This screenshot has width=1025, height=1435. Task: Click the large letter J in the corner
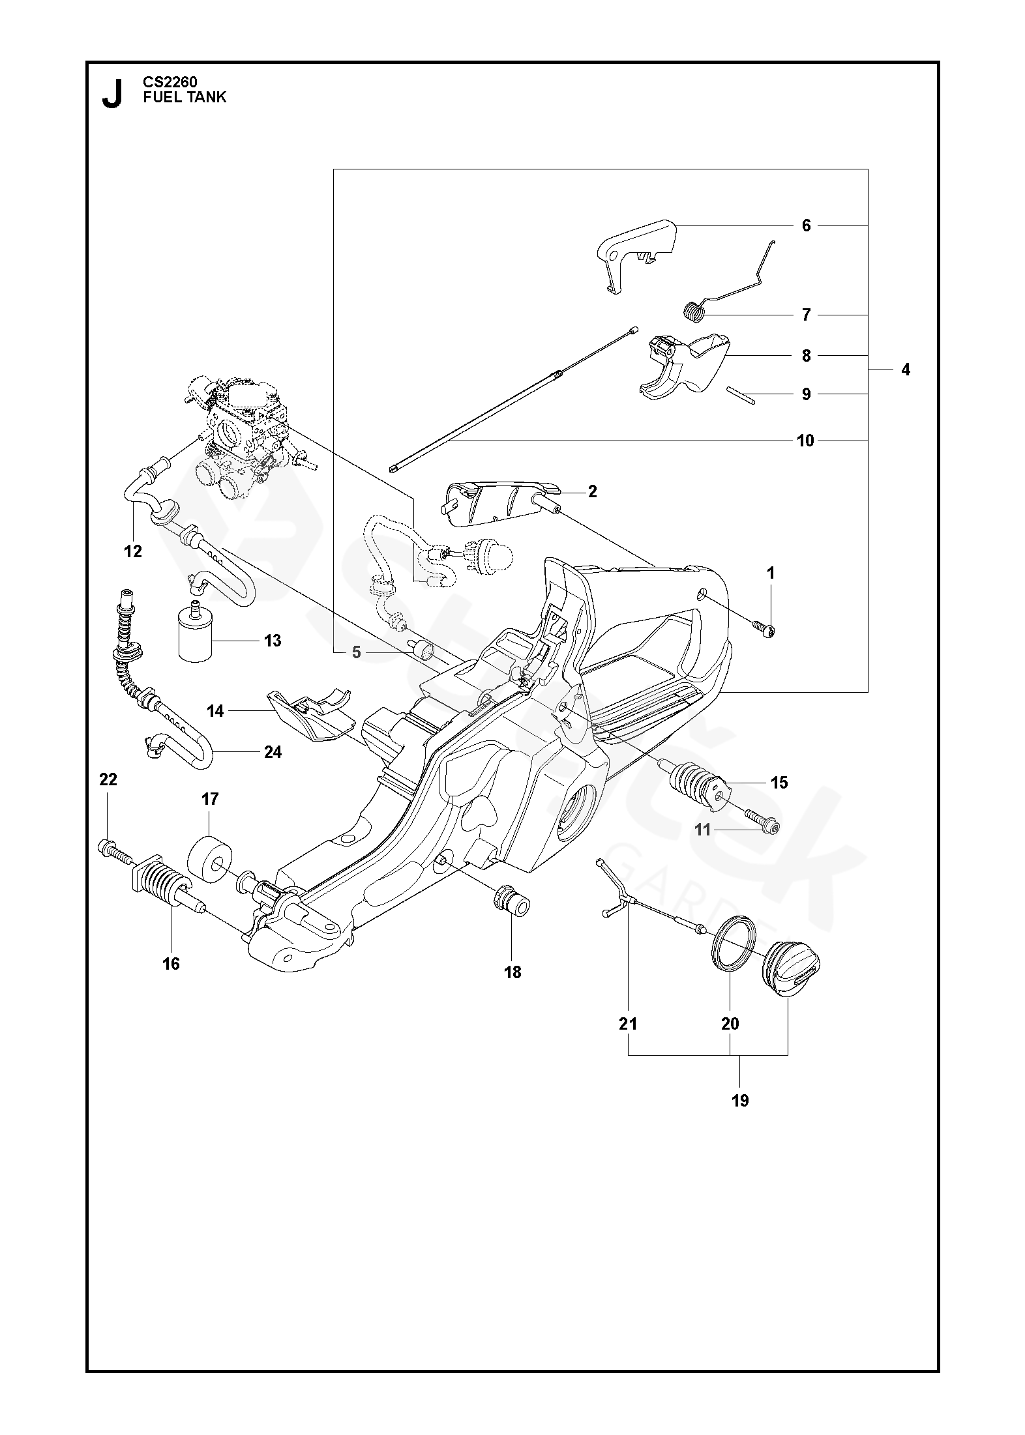[x=112, y=93]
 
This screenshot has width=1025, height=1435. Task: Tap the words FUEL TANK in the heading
[x=185, y=97]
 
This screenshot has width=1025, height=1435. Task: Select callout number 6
[x=806, y=225]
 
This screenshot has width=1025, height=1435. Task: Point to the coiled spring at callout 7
[x=696, y=310]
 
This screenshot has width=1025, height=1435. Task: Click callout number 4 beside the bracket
[x=905, y=370]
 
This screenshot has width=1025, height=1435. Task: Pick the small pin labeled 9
[x=740, y=396]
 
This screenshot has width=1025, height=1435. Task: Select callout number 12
[x=132, y=551]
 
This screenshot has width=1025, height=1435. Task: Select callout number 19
[x=740, y=1101]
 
